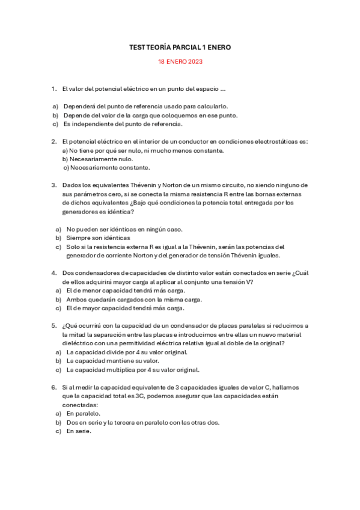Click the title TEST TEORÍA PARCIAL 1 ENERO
(x=180, y=47)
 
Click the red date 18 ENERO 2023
(x=180, y=61)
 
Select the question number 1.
(x=53, y=90)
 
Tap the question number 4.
(x=53, y=273)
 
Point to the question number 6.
(x=53, y=387)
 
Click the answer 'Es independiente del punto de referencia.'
(x=123, y=124)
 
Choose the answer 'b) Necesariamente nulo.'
(x=97, y=159)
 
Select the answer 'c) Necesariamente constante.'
(x=106, y=168)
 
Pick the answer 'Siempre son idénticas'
(x=98, y=238)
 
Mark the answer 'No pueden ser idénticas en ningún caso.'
(x=124, y=229)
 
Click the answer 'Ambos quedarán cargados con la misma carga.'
(x=134, y=299)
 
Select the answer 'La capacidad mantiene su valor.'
(x=112, y=361)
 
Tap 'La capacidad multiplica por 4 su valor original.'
(x=133, y=370)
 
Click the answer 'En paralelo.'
(x=84, y=413)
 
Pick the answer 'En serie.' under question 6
(x=79, y=431)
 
